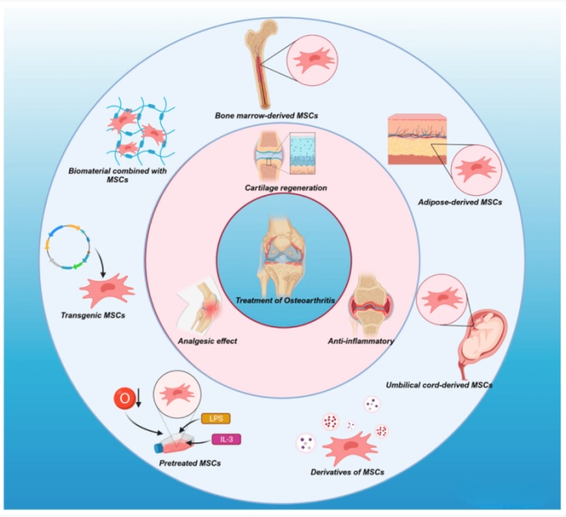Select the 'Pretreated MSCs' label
pyautogui.click(x=182, y=463)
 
